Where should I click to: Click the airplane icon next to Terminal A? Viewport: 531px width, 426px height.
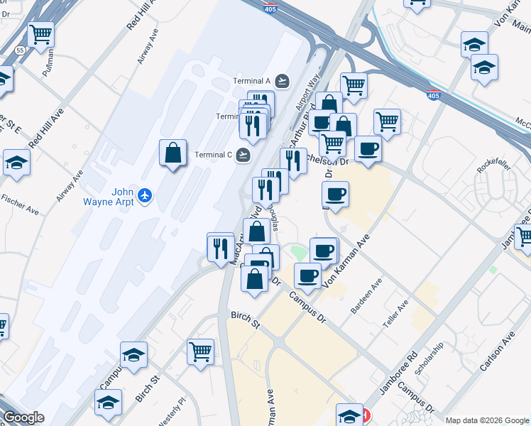coord(283,80)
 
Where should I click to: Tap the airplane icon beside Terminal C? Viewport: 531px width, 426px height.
coord(244,154)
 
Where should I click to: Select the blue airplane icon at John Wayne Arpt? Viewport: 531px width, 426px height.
coord(146,194)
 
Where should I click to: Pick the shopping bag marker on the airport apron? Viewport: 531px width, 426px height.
coord(173,153)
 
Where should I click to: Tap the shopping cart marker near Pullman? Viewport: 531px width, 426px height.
coord(41,33)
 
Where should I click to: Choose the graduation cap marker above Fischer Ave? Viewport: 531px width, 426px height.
coord(16,162)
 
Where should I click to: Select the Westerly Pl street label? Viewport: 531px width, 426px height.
coord(172,411)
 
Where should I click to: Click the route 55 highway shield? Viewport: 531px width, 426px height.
coord(21,50)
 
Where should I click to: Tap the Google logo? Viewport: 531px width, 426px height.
coord(23,417)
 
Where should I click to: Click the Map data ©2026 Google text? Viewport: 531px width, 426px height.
coord(486,420)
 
